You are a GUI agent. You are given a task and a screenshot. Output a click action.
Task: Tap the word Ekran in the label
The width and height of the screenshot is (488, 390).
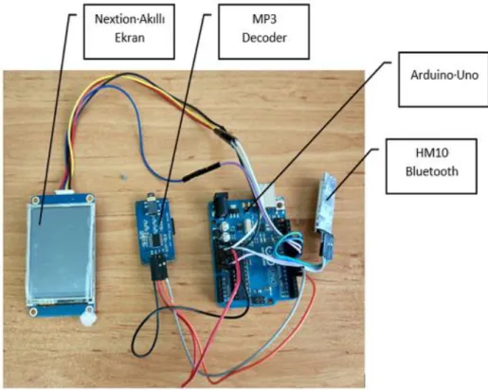[x=130, y=38]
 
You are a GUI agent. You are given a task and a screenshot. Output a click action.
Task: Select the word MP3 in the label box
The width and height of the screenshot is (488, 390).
[x=264, y=19]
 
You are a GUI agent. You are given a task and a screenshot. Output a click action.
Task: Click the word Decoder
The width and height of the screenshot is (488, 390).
[x=264, y=38]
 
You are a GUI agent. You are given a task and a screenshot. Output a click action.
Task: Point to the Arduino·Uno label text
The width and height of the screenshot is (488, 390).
[x=444, y=75]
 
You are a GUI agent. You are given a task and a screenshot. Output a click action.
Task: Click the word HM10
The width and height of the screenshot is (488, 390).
[x=432, y=153]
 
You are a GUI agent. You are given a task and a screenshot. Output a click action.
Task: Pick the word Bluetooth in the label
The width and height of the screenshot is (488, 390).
[x=432, y=171]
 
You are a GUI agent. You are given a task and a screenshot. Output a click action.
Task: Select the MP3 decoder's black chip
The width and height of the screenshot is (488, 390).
[x=157, y=239]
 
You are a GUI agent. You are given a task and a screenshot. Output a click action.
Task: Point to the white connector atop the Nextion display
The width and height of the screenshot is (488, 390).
[x=64, y=191]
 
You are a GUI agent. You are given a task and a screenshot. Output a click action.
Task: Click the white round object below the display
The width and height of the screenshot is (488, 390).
[x=87, y=319]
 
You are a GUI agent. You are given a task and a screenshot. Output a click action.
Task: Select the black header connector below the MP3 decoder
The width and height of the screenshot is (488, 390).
[x=158, y=267]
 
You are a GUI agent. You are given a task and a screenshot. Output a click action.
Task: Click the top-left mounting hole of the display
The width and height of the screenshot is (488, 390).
[x=35, y=200]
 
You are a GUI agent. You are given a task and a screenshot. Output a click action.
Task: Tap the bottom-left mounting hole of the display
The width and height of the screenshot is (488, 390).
[x=33, y=312]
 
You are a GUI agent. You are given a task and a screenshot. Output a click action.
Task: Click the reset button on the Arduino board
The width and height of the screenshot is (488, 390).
[x=280, y=204]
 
